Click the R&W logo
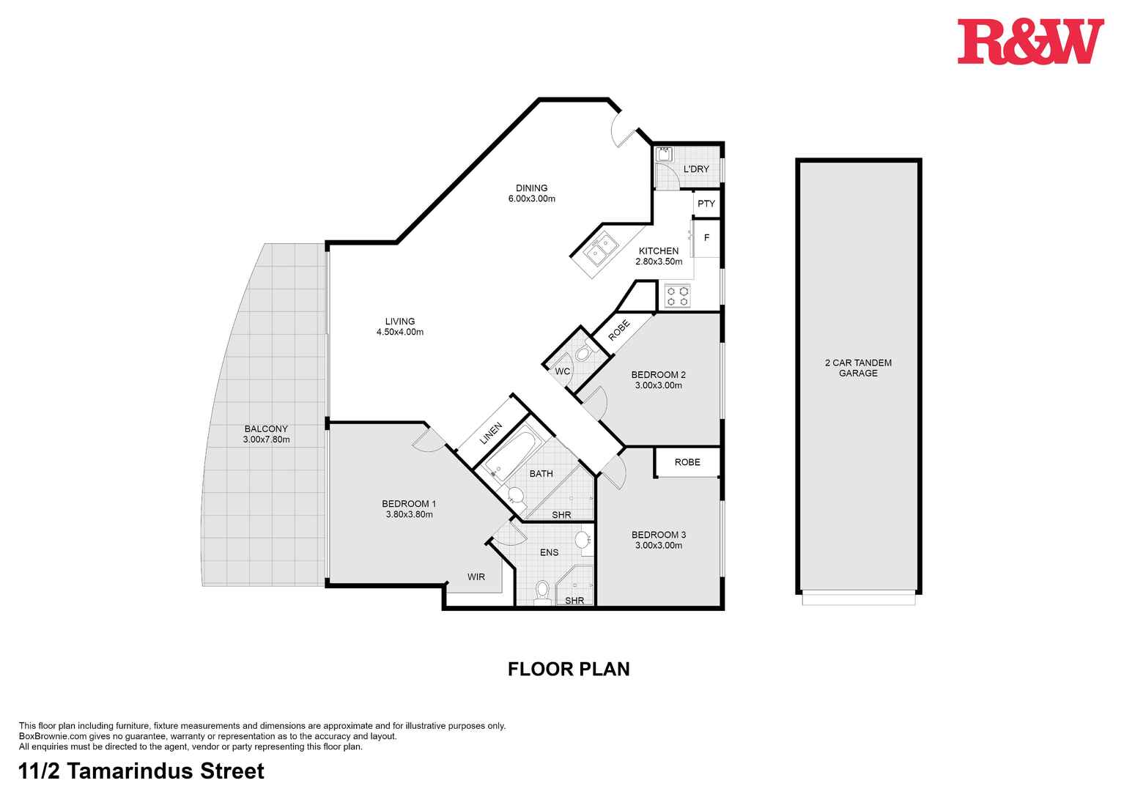[x=1029, y=42]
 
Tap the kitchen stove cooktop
[x=677, y=296]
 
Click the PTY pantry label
[x=706, y=204]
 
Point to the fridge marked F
[x=706, y=238]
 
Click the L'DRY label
[x=696, y=169]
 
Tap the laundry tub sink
[x=665, y=154]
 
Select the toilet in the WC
[x=583, y=354]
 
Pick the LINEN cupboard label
[x=491, y=434]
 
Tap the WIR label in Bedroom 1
[x=476, y=577]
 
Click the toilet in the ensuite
[x=542, y=590]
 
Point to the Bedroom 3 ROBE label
[x=687, y=462]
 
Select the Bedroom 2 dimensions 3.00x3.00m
[x=658, y=385]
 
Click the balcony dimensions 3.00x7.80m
[x=266, y=439]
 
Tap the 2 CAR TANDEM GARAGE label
[x=858, y=368]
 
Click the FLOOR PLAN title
[x=569, y=669]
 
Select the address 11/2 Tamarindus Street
[x=141, y=771]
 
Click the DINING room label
[x=531, y=188]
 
